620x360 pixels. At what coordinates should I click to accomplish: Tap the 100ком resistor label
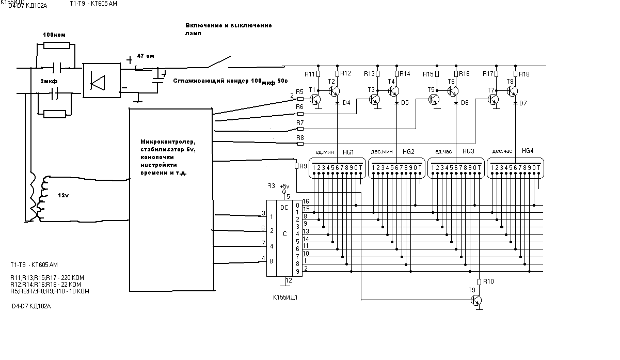(x=54, y=34)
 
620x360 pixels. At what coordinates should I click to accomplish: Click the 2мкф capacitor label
(x=49, y=82)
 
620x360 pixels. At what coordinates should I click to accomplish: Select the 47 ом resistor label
(x=146, y=55)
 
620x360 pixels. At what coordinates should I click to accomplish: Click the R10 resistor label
(x=489, y=281)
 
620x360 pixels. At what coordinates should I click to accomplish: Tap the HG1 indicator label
(x=348, y=152)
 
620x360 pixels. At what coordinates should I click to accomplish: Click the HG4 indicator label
(x=527, y=151)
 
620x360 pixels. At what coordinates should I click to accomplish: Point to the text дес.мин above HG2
(x=382, y=152)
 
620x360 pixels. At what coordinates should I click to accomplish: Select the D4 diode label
(x=346, y=103)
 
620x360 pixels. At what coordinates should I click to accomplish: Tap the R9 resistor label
(x=303, y=166)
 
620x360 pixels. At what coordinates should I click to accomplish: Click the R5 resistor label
(x=299, y=91)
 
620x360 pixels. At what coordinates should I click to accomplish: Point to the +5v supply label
(x=284, y=186)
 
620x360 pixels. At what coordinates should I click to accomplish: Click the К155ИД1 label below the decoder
(x=285, y=298)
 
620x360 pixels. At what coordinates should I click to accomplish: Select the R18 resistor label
(x=524, y=74)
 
